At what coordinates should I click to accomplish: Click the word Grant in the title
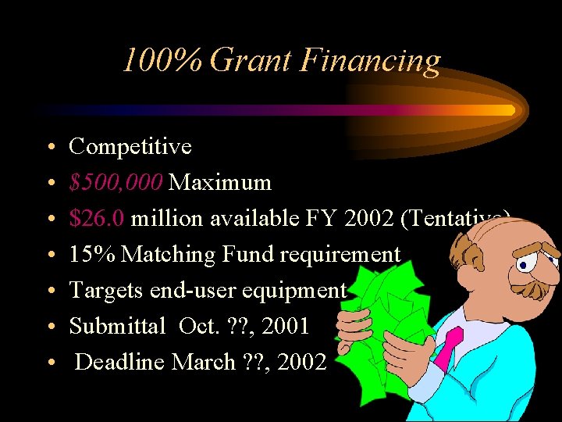point(251,61)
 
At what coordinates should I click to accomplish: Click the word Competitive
point(130,146)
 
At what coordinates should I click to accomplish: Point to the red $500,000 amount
point(116,183)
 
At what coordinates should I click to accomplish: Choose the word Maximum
point(220,183)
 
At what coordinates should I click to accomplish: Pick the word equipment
point(297,290)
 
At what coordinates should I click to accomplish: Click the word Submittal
point(116,326)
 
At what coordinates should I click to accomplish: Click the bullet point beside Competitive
point(49,147)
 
